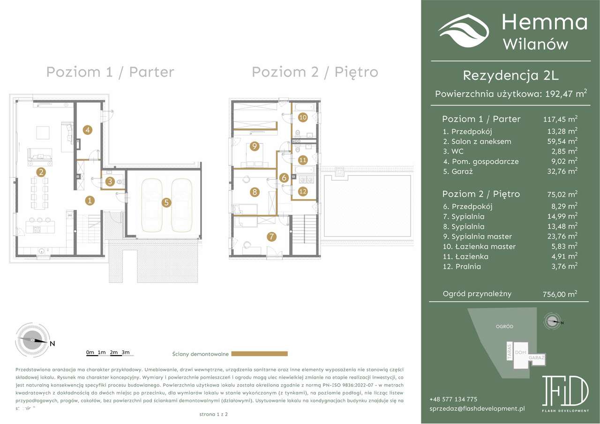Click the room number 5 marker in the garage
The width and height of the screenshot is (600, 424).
point(167,203)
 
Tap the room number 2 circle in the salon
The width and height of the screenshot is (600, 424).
point(42,172)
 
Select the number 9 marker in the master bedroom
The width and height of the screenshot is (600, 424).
point(255,146)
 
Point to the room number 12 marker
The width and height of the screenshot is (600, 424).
point(302,191)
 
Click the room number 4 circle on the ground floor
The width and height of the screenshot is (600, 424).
point(88,130)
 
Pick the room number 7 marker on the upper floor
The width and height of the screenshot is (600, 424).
point(271,237)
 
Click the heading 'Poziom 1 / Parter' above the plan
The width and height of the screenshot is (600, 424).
point(110,72)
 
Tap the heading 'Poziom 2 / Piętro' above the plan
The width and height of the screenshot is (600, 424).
point(315,72)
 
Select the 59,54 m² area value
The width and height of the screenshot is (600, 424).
point(560,141)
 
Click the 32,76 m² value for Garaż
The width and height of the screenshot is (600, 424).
point(560,171)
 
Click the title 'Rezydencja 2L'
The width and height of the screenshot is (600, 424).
point(510,75)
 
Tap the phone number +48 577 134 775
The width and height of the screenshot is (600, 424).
point(453,399)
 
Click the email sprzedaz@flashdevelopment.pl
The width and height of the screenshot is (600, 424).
point(477,409)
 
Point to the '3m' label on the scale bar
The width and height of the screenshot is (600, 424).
point(125,352)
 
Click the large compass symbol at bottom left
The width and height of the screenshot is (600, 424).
point(32,340)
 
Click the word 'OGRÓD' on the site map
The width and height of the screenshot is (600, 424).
point(504,326)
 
